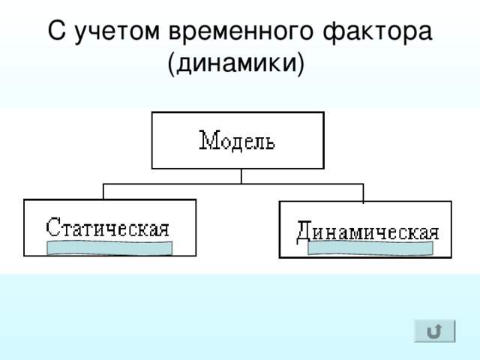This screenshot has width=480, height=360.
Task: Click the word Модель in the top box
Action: click(237, 140)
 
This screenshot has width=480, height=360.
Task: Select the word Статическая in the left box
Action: click(107, 227)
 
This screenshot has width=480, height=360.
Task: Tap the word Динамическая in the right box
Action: click(367, 231)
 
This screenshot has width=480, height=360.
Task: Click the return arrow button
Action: click(435, 331)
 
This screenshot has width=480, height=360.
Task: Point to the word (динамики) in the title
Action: click(236, 63)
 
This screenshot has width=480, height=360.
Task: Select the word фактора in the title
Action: click(377, 31)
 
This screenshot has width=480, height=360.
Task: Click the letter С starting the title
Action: click(57, 30)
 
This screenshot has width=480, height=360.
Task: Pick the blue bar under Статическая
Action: click(109, 248)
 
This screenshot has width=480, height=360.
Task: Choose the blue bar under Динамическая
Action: click(370, 248)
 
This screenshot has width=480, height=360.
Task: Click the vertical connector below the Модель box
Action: click(241, 176)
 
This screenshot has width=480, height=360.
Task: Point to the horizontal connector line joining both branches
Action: click(233, 184)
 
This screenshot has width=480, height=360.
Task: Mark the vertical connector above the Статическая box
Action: click(103, 192)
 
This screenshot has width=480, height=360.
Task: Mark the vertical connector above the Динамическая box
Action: click(363, 193)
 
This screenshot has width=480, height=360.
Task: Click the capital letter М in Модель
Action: click(209, 140)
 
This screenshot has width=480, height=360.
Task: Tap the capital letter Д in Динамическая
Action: click(304, 232)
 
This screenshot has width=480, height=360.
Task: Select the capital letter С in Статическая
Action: click(52, 226)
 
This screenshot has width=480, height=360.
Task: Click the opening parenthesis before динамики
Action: click(171, 64)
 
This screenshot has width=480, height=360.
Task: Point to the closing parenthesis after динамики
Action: click(301, 64)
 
